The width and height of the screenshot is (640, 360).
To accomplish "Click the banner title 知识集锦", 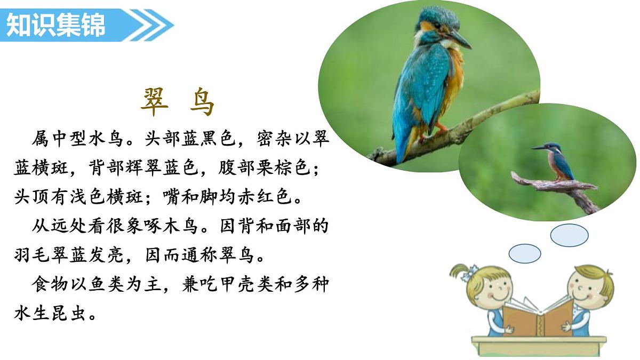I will click(x=55, y=25).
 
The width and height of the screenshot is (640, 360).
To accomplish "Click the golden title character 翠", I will click(x=155, y=102).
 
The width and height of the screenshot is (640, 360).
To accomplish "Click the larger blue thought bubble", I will click(x=569, y=235).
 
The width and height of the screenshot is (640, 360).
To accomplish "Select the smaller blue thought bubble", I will click(x=525, y=253).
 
